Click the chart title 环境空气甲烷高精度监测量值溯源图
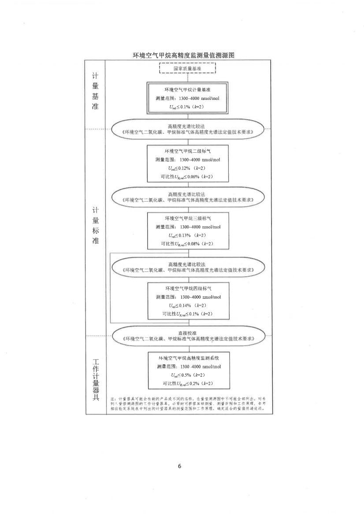(183, 55)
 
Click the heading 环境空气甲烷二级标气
(188, 151)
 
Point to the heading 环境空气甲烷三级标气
(188, 218)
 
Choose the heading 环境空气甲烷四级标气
(188, 288)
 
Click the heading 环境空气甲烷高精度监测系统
(188, 358)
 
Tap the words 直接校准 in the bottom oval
(188, 333)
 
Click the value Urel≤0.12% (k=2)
(188, 169)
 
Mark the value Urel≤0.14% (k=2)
(188, 305)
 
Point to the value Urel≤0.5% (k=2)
(188, 375)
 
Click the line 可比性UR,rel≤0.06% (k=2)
(188, 177)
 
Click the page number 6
(179, 466)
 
